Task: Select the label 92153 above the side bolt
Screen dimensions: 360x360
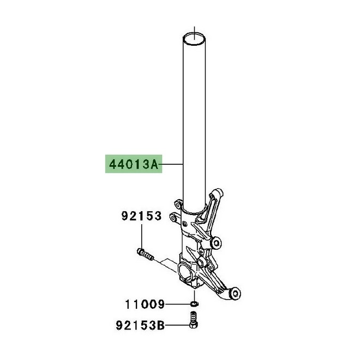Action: pyautogui.click(x=141, y=217)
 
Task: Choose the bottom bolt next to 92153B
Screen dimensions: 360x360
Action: pyautogui.click(x=193, y=320)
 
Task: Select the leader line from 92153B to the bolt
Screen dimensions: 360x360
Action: pyautogui.click(x=178, y=327)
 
